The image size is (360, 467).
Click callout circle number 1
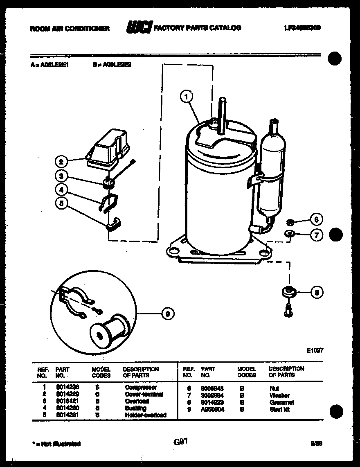(x=186, y=97)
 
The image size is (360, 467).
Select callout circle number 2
(x=61, y=161)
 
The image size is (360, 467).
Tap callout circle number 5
(x=61, y=203)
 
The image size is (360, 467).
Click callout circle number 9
(x=167, y=314)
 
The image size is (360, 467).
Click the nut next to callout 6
(x=289, y=222)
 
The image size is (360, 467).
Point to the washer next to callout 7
(x=289, y=234)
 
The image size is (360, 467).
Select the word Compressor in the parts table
(x=141, y=387)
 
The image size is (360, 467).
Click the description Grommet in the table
(x=282, y=402)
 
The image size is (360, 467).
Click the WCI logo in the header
(x=138, y=27)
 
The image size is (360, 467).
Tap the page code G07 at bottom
(x=180, y=442)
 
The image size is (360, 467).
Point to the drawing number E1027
(x=315, y=350)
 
